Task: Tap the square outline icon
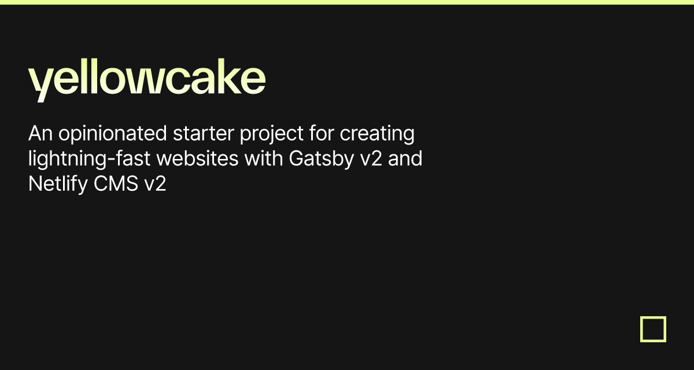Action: pos(653,329)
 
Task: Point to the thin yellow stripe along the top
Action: pos(347,2)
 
